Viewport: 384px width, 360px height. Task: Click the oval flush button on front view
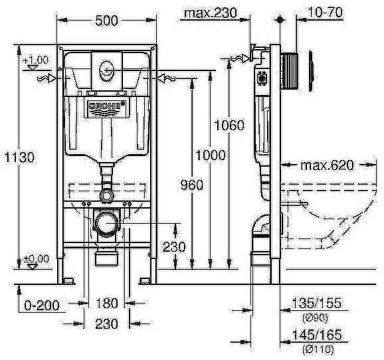106,68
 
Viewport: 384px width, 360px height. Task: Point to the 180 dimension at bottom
106,304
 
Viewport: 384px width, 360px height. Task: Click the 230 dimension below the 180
106,323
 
